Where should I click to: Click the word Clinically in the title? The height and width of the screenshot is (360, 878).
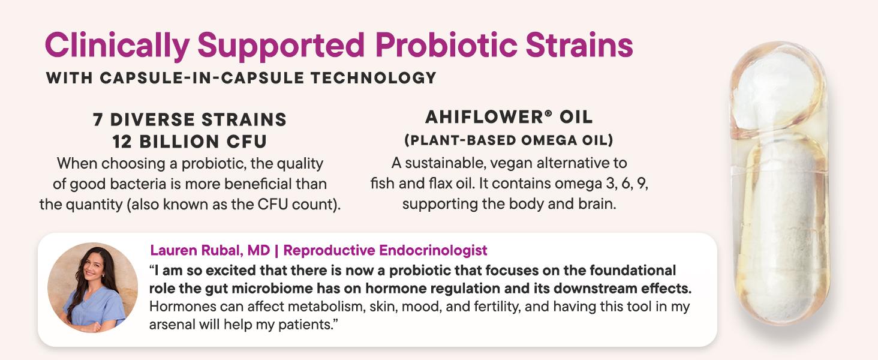118,46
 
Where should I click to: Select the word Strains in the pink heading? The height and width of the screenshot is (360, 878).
579,45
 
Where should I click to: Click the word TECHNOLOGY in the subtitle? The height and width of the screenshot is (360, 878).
374,77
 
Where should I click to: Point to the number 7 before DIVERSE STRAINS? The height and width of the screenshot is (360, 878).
98,119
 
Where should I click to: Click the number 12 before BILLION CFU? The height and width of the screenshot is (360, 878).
122,142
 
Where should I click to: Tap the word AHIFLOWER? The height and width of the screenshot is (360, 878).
484,117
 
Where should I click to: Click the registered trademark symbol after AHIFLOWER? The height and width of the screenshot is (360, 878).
548,113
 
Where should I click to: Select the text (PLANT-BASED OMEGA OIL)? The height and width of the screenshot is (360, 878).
509,140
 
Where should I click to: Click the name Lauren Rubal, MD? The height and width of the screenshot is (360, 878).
210,250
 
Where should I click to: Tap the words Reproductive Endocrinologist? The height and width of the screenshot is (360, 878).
385,250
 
